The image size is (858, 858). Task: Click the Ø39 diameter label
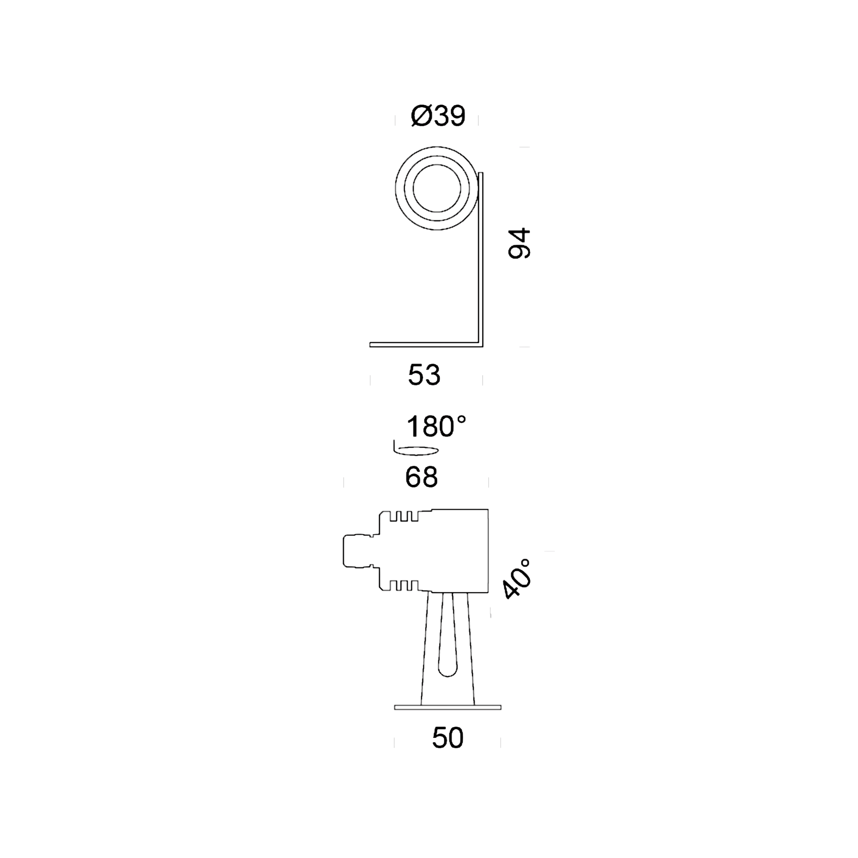click(438, 116)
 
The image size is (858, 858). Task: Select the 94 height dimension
click(519, 243)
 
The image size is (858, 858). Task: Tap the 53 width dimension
click(424, 375)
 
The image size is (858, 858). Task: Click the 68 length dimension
click(421, 477)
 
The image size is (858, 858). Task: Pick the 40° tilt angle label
click(517, 580)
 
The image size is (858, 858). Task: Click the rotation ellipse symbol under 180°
click(416, 451)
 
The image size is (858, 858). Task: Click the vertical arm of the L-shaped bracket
click(480, 260)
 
